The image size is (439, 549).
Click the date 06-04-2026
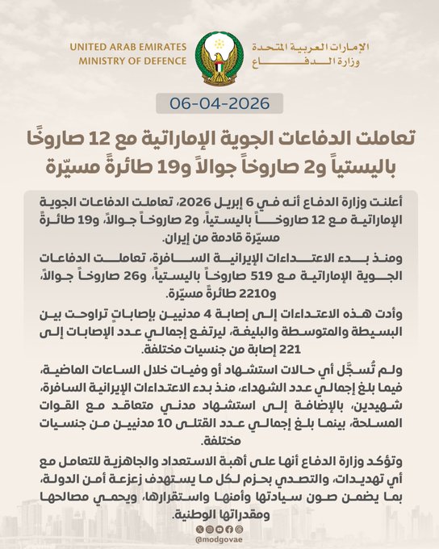pyautogui.click(x=219, y=103)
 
